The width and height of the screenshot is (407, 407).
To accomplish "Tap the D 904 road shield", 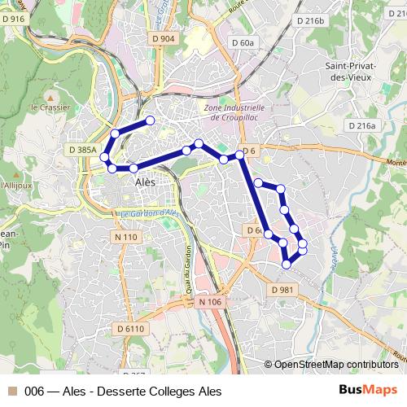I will (164, 38).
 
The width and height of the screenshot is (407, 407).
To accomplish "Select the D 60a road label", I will (243, 42).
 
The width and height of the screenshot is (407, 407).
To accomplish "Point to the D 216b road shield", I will (310, 20).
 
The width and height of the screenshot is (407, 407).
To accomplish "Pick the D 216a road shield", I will (362, 125).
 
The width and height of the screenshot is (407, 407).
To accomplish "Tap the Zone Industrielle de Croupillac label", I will (235, 112).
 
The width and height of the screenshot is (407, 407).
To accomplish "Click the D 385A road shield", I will (83, 150).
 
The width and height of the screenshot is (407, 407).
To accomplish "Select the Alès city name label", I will (145, 182).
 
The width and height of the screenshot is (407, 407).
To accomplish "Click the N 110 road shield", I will (126, 236).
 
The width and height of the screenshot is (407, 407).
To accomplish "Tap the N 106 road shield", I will (209, 301).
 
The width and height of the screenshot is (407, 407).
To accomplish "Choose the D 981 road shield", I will (282, 290).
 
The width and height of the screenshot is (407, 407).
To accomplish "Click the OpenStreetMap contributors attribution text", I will (335, 365).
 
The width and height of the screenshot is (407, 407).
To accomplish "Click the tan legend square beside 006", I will (13, 392).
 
